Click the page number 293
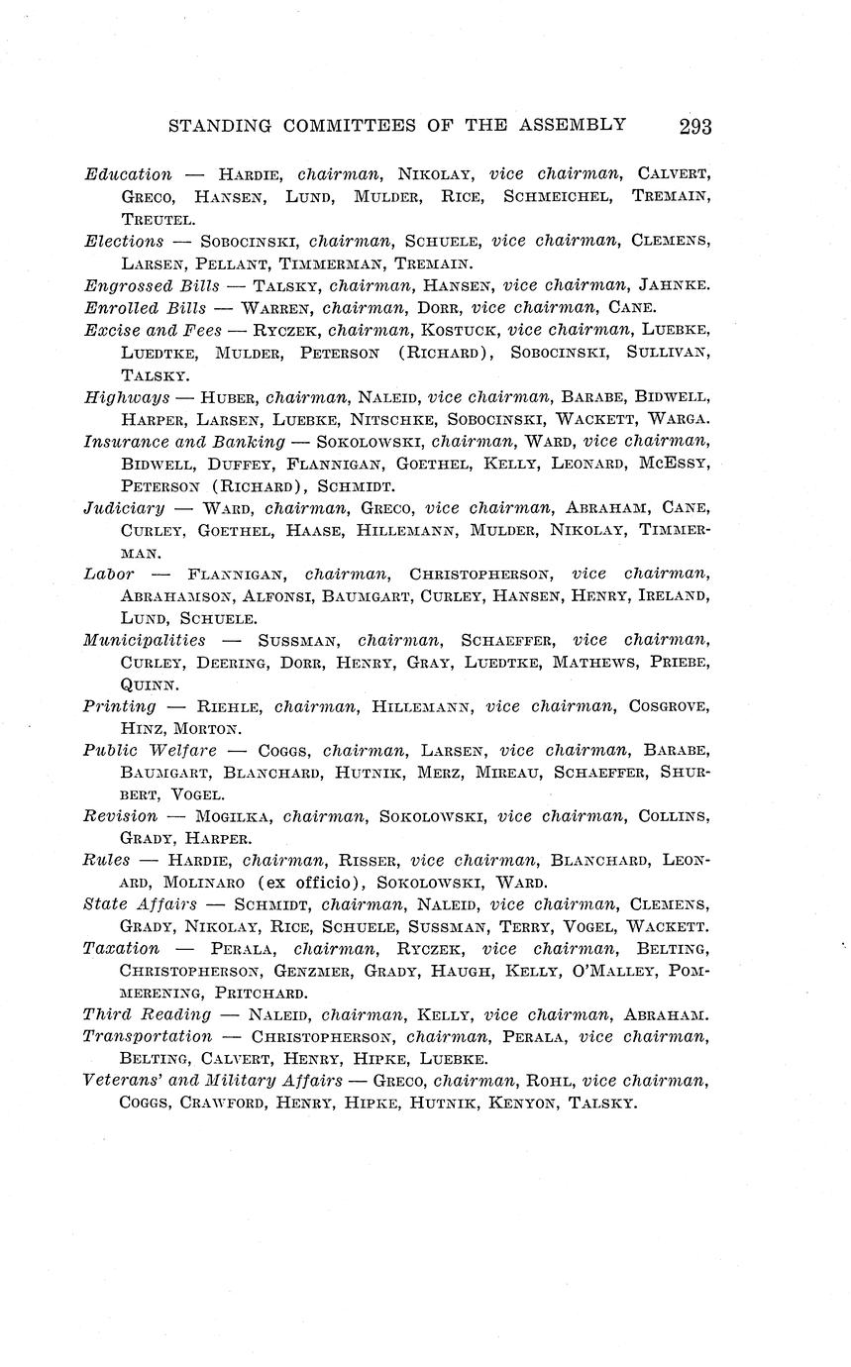(695, 126)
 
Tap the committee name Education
(128, 174)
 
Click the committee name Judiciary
(125, 508)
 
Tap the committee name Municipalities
(145, 640)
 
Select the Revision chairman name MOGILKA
(234, 816)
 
